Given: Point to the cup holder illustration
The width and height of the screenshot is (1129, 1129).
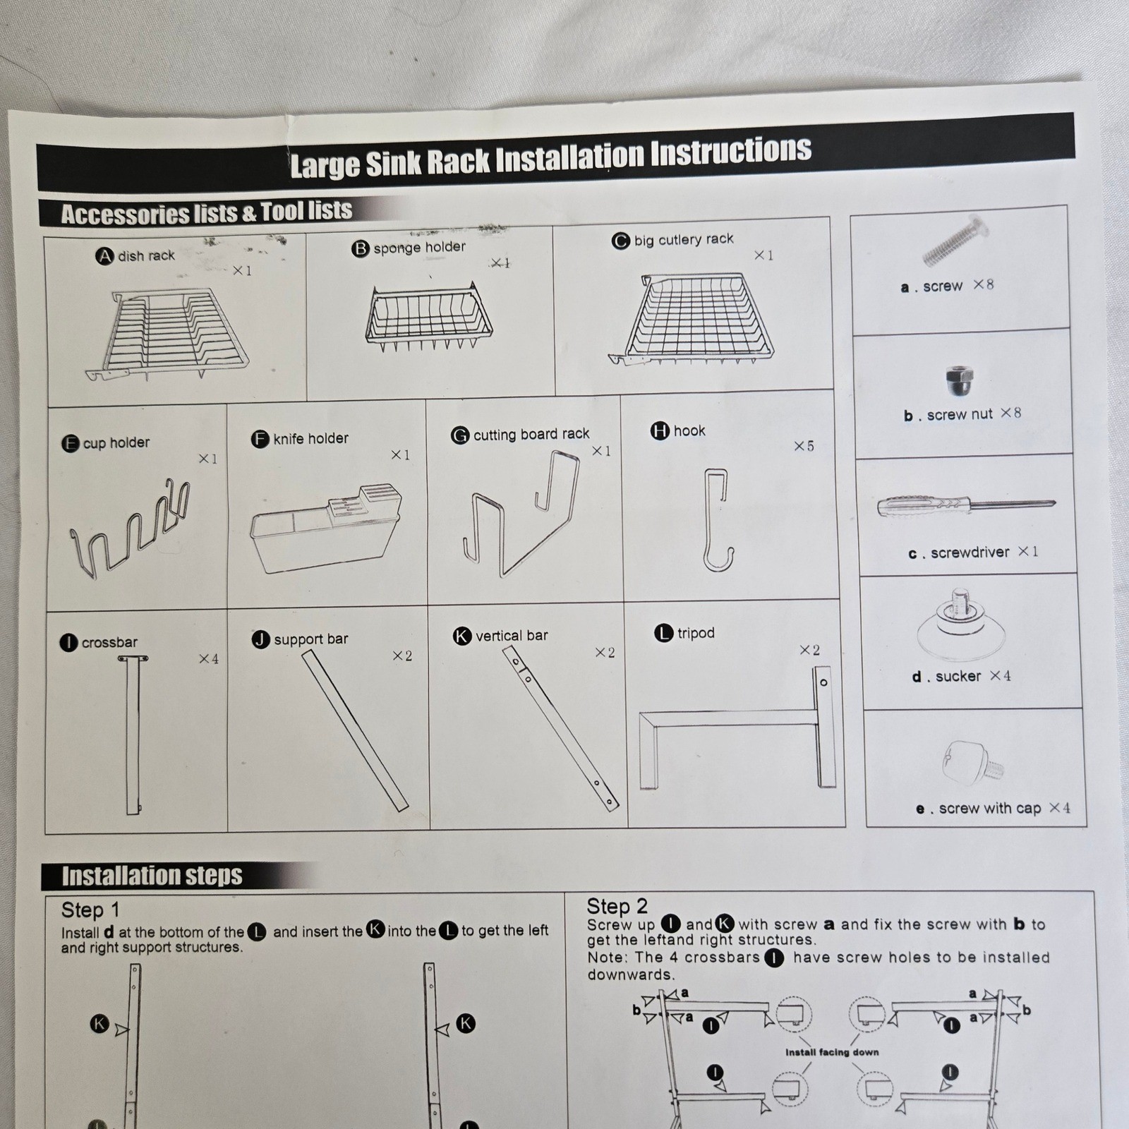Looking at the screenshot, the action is click(131, 529).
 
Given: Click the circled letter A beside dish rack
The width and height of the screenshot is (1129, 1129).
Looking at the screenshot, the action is click(104, 256).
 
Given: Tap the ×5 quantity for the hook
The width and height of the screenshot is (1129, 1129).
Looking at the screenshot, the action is click(804, 446).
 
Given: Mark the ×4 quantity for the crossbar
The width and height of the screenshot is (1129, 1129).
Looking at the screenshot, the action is click(208, 659).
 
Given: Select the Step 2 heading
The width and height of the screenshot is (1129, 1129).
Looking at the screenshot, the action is click(617, 907).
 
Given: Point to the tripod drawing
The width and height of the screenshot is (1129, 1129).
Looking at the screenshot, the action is click(737, 734).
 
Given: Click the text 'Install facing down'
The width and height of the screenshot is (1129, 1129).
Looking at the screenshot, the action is click(832, 1052).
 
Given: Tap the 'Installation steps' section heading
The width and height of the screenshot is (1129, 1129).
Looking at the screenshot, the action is click(152, 876).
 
